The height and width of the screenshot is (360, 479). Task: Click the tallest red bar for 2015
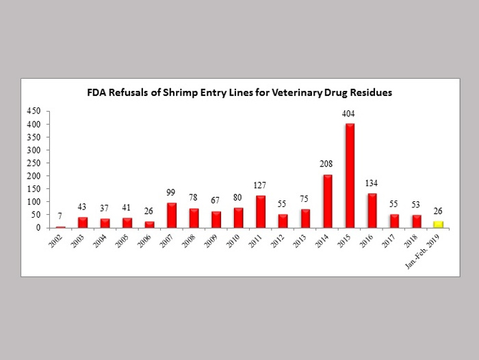[x=350, y=175]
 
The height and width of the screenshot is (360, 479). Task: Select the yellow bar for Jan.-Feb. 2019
[x=439, y=224]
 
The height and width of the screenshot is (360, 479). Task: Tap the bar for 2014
[x=328, y=201]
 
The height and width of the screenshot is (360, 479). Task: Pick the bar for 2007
[x=172, y=215]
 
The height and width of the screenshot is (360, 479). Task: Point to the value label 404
[x=350, y=114]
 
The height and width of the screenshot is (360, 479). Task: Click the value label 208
[x=327, y=164]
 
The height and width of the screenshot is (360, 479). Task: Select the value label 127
[x=261, y=185]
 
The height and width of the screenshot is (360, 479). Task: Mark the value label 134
[x=372, y=183]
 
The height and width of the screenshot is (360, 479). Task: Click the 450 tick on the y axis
[x=34, y=111]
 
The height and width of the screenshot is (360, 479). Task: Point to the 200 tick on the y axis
[x=34, y=176]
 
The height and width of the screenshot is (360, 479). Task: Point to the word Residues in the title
[x=370, y=92]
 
